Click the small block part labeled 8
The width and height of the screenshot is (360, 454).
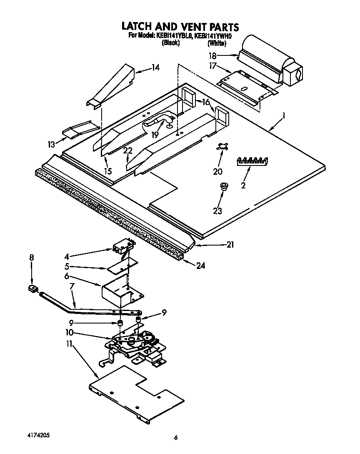pyautogui.click(x=32, y=288)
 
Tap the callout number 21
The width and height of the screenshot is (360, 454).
pyautogui.click(x=230, y=245)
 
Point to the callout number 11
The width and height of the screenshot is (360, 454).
pyautogui.click(x=69, y=344)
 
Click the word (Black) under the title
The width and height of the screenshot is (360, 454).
pyautogui.click(x=170, y=43)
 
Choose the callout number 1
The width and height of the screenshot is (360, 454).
pyautogui.click(x=284, y=117)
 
